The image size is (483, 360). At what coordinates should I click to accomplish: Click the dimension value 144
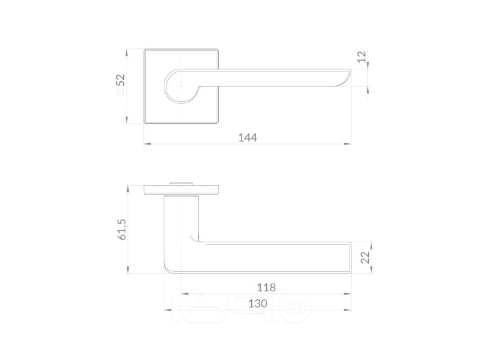pos(248,138)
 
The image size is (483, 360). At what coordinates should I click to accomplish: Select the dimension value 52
pos(120,80)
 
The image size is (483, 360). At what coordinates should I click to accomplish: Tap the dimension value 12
pos(362,56)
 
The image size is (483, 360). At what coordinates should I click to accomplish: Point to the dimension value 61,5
pos(122,229)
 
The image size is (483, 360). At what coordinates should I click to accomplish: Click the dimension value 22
pos(365,257)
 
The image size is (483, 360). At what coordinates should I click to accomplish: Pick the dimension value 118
pos(266,288)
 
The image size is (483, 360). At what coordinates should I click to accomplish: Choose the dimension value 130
pos(258,304)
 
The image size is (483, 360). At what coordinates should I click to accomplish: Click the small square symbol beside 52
pos(120,92)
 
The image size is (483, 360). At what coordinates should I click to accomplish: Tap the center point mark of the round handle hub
pos(181,86)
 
